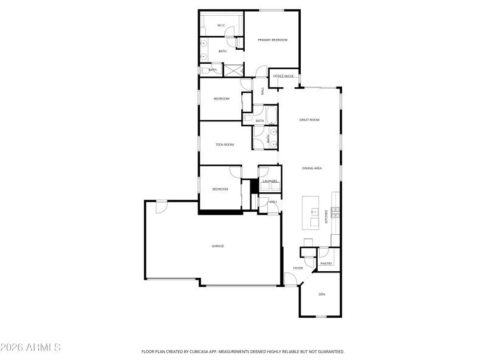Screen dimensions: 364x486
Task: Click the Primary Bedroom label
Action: (x=272, y=40)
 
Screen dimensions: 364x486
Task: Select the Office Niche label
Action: (x=284, y=76)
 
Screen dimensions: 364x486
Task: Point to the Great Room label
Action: (x=309, y=120)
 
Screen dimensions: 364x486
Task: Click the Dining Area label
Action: (x=312, y=168)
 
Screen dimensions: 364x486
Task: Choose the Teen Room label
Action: (x=225, y=144)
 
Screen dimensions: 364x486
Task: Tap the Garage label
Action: (x=218, y=246)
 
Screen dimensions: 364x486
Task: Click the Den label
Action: (x=322, y=294)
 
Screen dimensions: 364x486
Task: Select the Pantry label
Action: (x=326, y=263)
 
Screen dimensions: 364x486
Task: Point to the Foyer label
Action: (x=298, y=268)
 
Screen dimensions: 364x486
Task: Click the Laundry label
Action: (x=270, y=181)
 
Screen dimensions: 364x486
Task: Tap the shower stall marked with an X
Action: (x=231, y=70)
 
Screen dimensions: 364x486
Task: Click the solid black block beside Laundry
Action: (x=254, y=186)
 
